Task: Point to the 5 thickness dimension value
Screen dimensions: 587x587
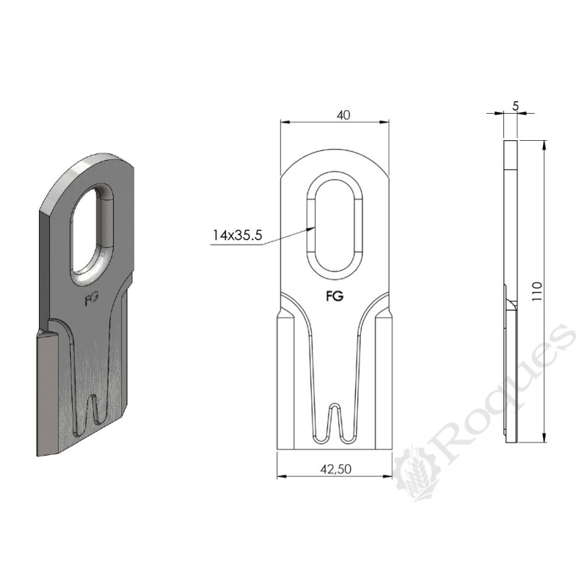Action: point(516,106)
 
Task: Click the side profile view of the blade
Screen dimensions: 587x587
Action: point(510,293)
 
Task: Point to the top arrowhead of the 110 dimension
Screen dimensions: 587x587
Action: point(543,144)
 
